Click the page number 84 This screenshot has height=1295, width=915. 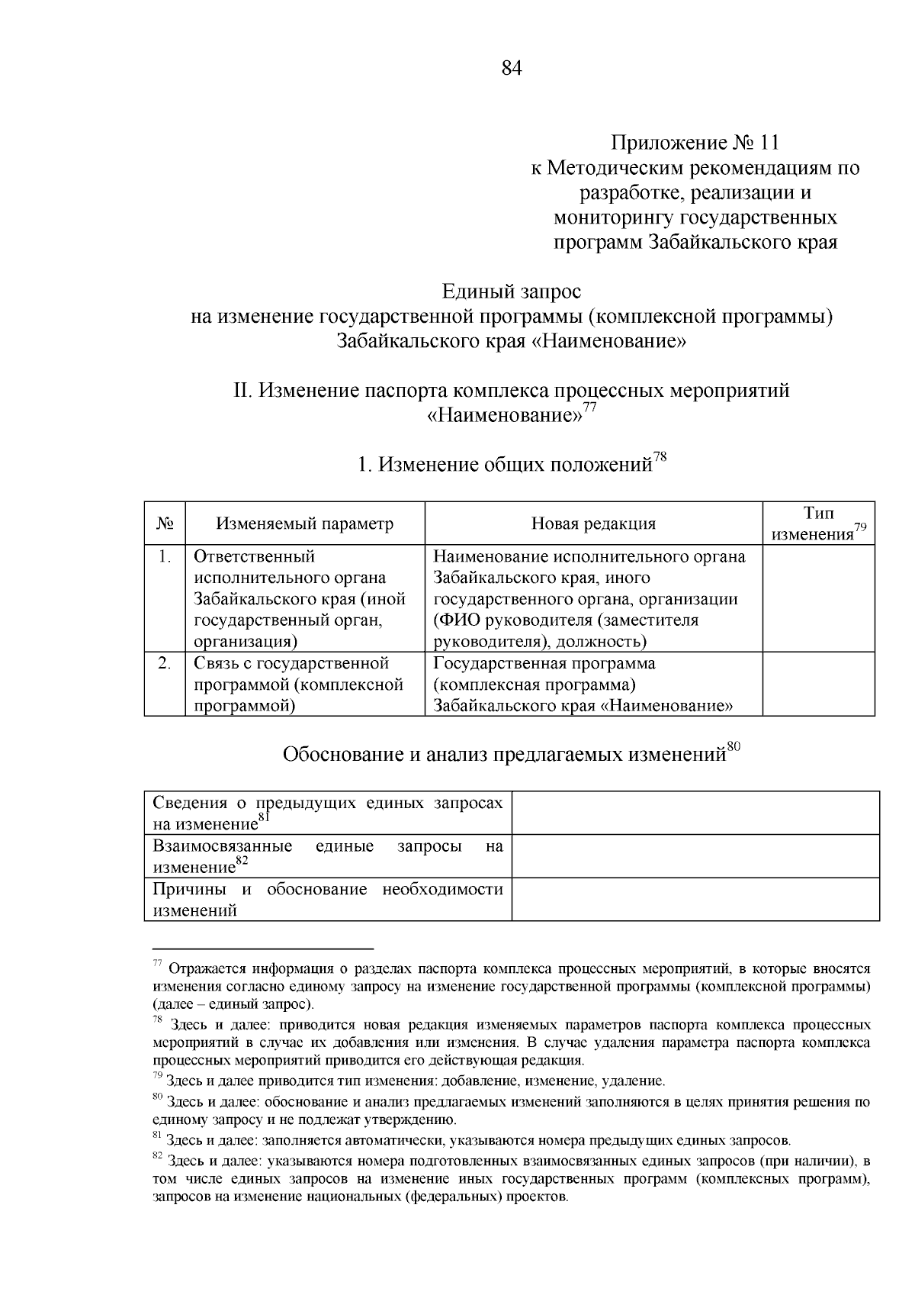point(512,69)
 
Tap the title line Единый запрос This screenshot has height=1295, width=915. point(512,292)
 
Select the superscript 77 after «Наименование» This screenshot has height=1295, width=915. point(589,408)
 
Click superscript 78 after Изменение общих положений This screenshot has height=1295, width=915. point(660,457)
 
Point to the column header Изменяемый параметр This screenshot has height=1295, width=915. point(305,523)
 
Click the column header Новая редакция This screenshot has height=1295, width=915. point(593,523)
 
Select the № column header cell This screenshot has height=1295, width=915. point(165,523)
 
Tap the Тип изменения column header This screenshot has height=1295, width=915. point(818,523)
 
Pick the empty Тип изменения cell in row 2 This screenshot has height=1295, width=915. point(818,684)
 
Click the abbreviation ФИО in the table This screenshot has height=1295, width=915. point(460,620)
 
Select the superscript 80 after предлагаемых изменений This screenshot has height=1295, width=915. point(734,746)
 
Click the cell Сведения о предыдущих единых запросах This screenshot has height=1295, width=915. point(328,813)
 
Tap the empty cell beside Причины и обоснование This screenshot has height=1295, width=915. point(695,900)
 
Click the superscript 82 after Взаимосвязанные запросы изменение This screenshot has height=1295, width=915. point(242,861)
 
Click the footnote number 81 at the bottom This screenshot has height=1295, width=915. point(158,1136)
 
